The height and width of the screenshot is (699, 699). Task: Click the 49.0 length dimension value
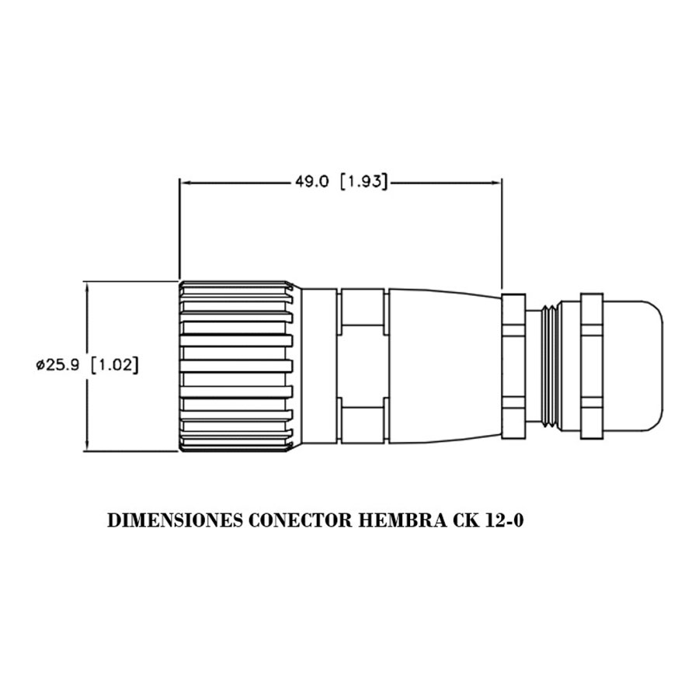click(x=311, y=183)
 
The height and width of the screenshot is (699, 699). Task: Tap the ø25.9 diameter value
click(x=57, y=365)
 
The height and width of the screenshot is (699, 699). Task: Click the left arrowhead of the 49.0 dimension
click(x=185, y=183)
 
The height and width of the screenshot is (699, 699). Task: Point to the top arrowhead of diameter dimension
click(x=87, y=286)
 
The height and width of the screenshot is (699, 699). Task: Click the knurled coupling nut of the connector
click(x=237, y=365)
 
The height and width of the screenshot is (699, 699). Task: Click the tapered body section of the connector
click(x=443, y=365)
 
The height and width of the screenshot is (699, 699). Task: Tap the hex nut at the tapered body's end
click(x=514, y=365)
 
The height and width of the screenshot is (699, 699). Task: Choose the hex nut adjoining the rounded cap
click(x=591, y=365)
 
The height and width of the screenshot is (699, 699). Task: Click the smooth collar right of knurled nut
click(x=319, y=365)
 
